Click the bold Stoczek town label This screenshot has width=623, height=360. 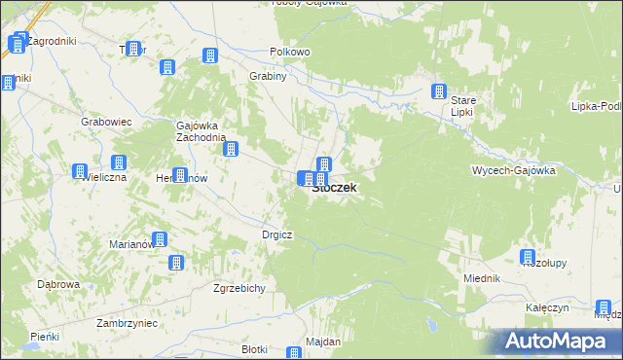pyautogui.click(x=334, y=189)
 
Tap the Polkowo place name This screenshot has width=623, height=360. pyautogui.click(x=289, y=52)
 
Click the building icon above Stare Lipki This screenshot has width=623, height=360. pyautogui.click(x=440, y=93)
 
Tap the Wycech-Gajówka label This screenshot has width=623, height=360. pyautogui.click(x=513, y=169)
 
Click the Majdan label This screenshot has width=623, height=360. pyautogui.click(x=323, y=342)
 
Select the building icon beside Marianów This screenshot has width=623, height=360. pyautogui.click(x=160, y=239)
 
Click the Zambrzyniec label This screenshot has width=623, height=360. pyautogui.click(x=99, y=321)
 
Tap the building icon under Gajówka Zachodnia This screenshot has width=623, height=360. pyautogui.click(x=233, y=149)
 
